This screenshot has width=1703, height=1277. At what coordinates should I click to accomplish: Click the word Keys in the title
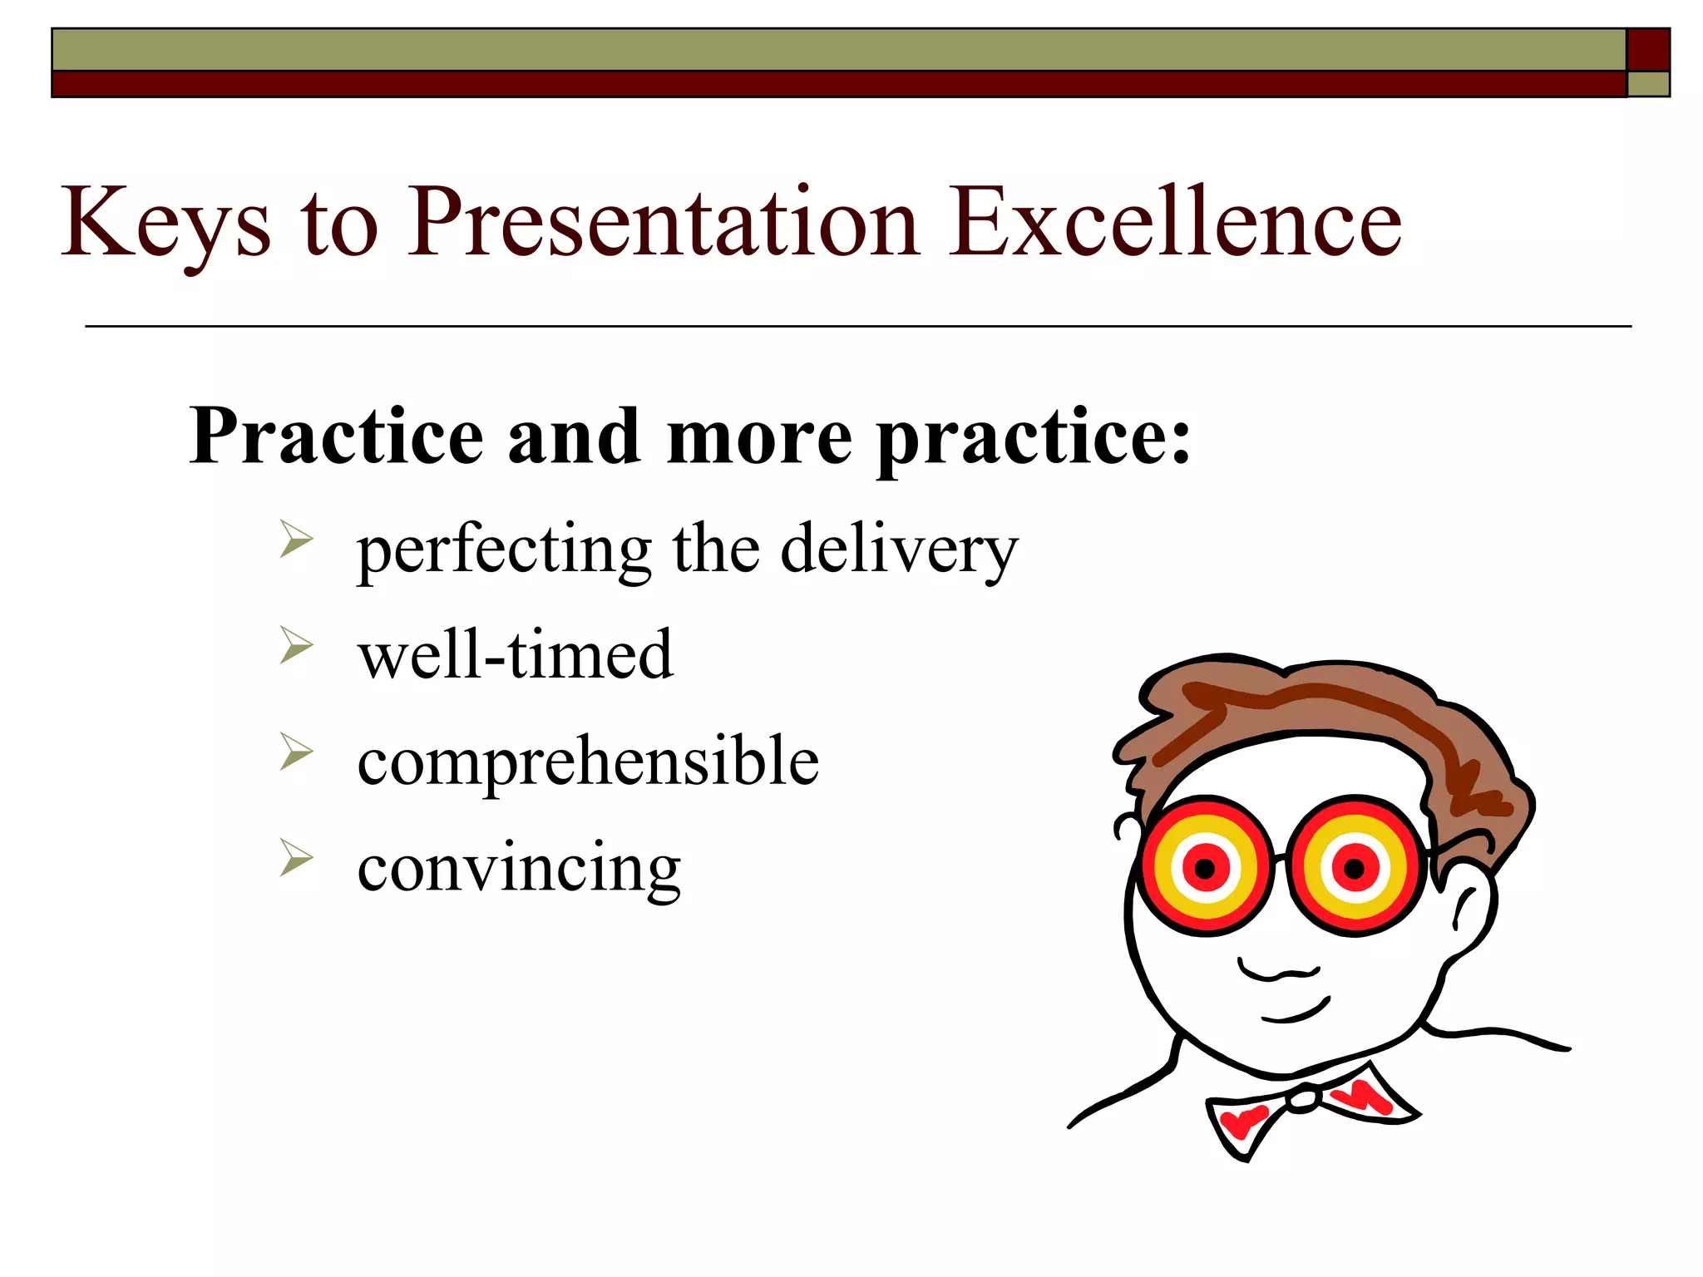coord(165,223)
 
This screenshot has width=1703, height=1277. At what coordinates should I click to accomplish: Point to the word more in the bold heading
coord(758,437)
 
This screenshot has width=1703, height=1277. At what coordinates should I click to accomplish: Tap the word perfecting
coord(504,550)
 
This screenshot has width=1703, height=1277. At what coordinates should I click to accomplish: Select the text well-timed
coord(515,655)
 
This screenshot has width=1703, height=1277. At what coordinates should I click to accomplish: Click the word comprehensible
coord(588,761)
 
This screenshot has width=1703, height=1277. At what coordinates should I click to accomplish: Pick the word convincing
coord(519,867)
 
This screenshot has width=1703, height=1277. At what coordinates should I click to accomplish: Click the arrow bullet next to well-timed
coord(296,645)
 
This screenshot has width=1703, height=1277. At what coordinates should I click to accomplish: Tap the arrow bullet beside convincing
coord(296,858)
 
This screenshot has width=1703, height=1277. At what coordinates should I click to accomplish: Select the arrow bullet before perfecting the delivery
coord(296,539)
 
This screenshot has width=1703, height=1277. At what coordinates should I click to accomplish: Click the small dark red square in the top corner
coord(1647,50)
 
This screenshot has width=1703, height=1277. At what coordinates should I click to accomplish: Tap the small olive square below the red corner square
coord(1647,84)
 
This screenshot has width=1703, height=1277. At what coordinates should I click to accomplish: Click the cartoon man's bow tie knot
coord(1303,1100)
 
